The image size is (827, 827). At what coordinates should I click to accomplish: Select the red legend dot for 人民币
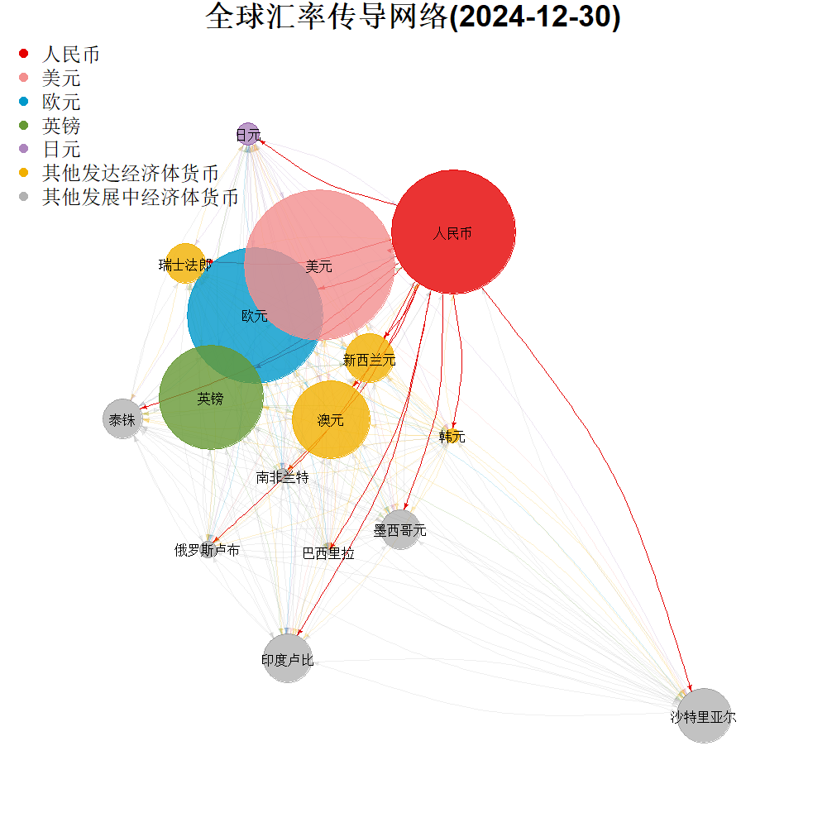coord(23,55)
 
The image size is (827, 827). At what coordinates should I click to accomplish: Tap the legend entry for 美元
coord(61,79)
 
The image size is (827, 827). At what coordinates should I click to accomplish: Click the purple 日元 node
coord(247,134)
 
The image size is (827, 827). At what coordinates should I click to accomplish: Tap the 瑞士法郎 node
coord(185,265)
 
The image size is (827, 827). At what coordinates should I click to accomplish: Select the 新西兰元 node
coord(369,359)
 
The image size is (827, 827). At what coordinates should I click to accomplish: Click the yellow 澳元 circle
coord(331,419)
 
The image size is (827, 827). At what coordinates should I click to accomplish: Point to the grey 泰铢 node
coord(122,419)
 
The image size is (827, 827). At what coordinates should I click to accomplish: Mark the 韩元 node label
coord(452,437)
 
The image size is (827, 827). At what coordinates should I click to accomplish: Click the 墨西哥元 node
coord(400,530)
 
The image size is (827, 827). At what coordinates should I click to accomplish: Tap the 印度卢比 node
coord(287,659)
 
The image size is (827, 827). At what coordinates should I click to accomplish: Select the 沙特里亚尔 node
coord(704,716)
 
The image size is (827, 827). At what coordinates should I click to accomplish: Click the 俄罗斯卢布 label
coord(207,550)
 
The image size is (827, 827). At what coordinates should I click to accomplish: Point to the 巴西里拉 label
coord(328,553)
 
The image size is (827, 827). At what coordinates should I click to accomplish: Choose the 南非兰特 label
coord(282,477)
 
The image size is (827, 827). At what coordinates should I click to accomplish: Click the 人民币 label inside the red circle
coord(452,233)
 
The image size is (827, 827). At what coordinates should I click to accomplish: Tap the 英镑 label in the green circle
coord(210,399)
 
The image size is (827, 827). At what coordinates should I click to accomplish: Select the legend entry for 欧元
coord(61,103)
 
